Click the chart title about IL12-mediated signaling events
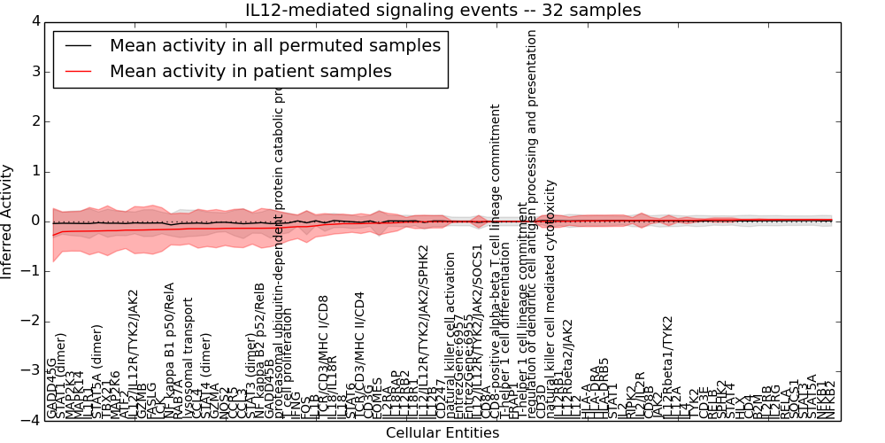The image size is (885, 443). tap(442, 10)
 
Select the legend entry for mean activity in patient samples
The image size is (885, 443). tap(250, 71)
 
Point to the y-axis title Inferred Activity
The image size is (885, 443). tap(8, 221)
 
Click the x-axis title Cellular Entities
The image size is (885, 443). tap(442, 433)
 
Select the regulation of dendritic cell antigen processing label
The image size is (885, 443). tap(532, 221)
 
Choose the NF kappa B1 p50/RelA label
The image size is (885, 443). tap(169, 351)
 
